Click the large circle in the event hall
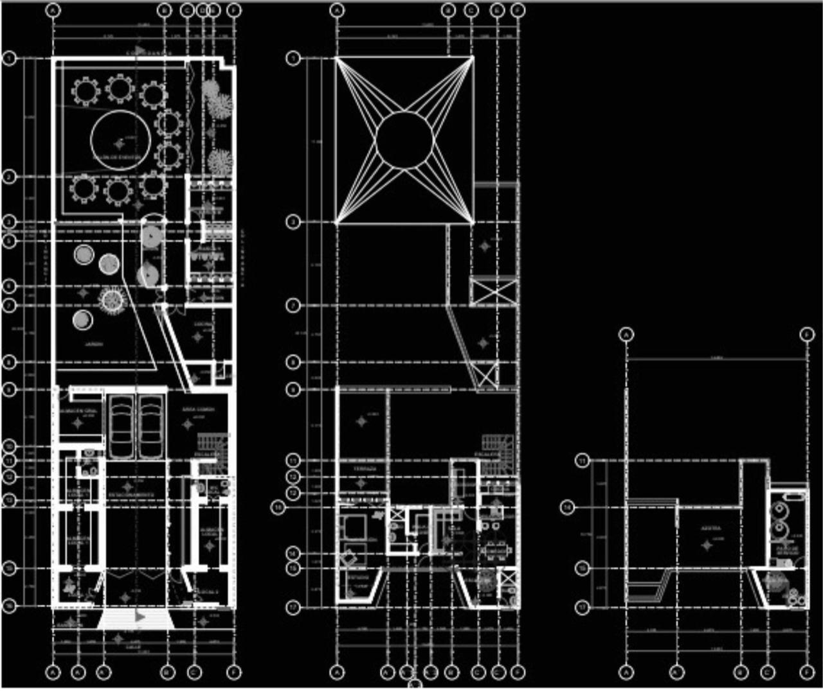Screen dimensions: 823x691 tap(121, 140)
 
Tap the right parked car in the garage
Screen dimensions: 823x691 tap(152, 426)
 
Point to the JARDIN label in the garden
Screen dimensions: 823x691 tap(94, 344)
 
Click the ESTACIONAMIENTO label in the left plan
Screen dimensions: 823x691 tap(130, 495)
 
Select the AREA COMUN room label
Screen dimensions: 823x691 tap(198, 409)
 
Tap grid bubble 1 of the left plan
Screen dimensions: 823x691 tap(9, 58)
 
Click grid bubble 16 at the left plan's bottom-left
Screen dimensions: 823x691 tap(9, 606)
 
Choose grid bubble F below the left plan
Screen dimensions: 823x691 tap(234, 672)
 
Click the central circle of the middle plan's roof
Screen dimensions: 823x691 tap(404, 140)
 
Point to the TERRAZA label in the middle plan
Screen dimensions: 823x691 tap(361, 469)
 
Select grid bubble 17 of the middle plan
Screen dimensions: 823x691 tap(293, 606)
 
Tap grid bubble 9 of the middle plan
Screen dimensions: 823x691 tap(293, 389)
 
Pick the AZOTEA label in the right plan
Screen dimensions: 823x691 tap(710, 529)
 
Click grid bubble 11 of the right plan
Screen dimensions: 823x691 tap(582, 460)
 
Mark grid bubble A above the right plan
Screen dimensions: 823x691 tap(626, 334)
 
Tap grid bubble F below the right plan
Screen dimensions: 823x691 tap(807, 672)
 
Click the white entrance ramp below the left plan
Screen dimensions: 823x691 tap(136, 619)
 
